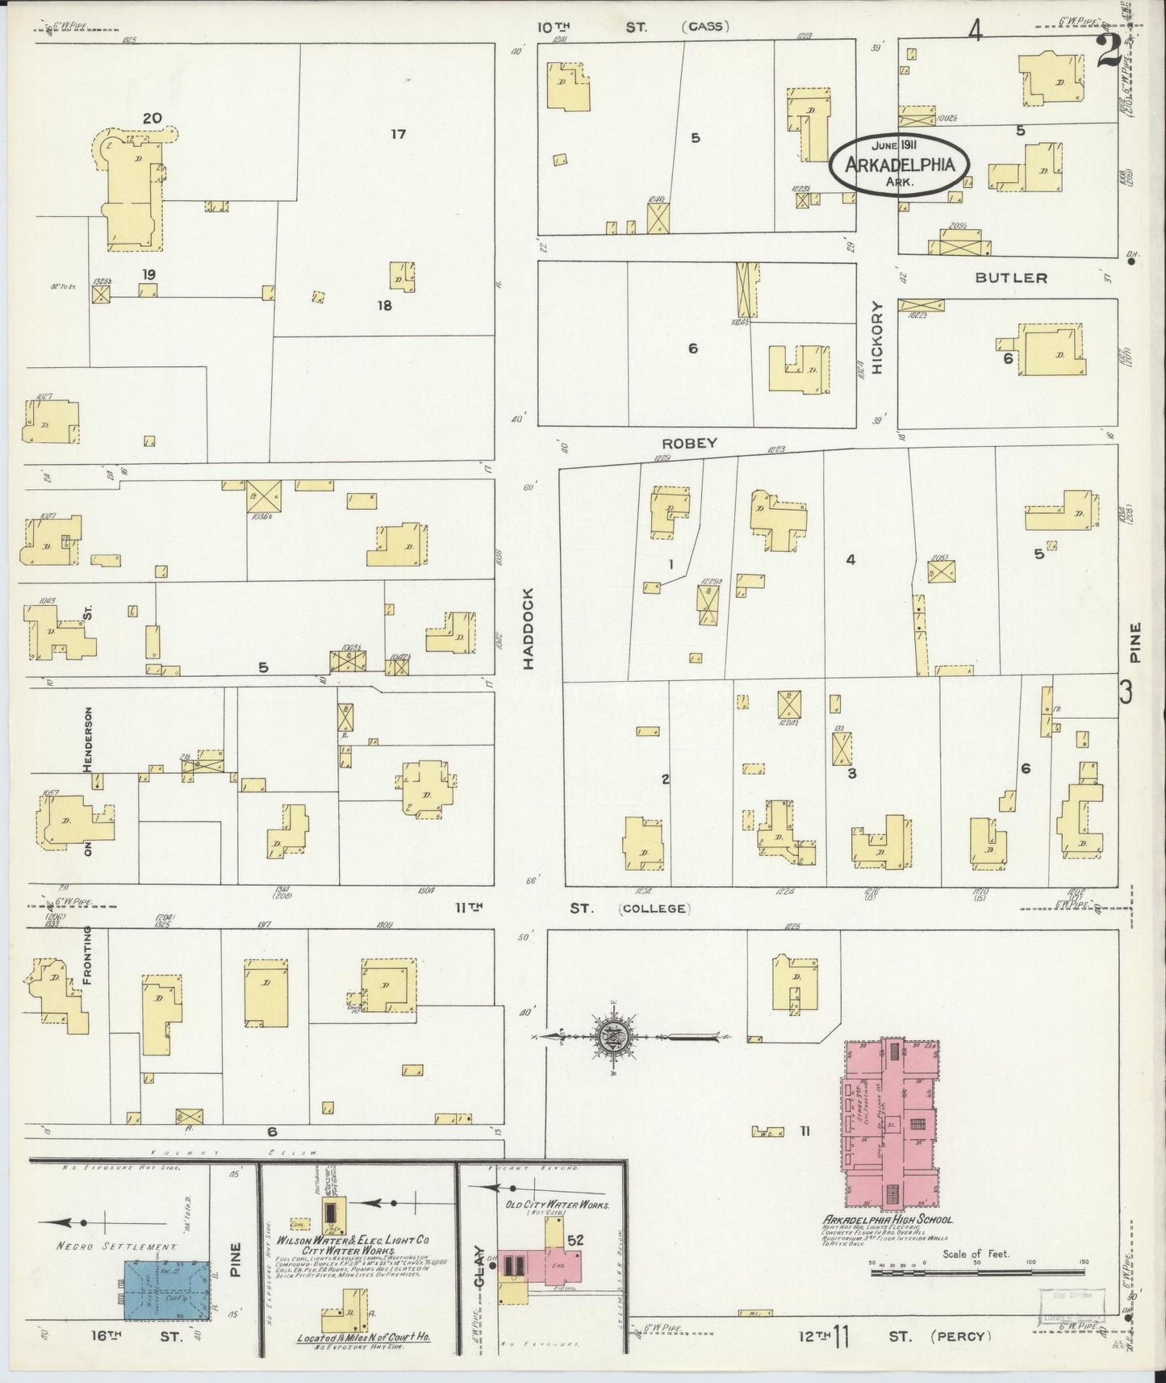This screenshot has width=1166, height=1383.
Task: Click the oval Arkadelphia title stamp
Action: click(899, 165)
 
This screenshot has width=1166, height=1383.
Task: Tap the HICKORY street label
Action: click(878, 337)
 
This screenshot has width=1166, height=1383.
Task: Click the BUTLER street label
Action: click(1010, 278)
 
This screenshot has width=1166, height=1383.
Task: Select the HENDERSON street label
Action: click(88, 739)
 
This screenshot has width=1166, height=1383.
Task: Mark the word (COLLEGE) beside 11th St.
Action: click(654, 909)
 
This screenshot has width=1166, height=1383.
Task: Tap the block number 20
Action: click(152, 119)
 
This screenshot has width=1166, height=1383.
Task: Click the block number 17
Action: click(398, 134)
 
